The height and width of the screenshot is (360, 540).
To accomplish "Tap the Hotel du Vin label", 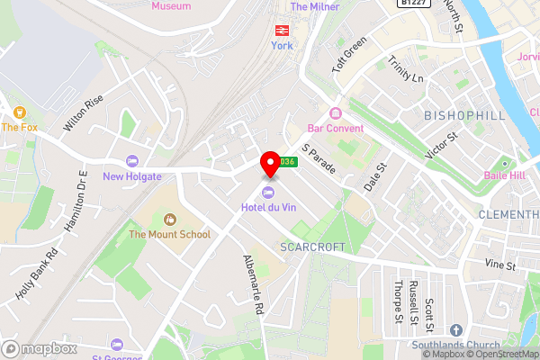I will (x=269, y=209).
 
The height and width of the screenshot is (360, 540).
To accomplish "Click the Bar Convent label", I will (x=335, y=128).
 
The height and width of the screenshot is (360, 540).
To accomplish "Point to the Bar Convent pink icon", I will (x=335, y=113).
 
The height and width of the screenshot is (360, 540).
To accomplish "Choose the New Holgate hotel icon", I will (x=132, y=162).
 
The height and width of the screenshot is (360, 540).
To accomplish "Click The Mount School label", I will (x=169, y=234).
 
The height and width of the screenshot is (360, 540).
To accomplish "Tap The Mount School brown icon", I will (x=169, y=219).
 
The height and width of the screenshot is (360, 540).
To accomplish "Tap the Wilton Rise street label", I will (x=84, y=113).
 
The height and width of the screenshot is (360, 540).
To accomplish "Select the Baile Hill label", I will (x=504, y=175).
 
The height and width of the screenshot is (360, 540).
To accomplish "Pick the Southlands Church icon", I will (x=455, y=331).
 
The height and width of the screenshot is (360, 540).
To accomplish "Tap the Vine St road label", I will (x=499, y=265).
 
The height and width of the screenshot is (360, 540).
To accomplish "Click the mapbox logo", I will (x=39, y=348).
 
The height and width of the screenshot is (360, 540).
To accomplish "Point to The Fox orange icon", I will (x=18, y=112).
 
